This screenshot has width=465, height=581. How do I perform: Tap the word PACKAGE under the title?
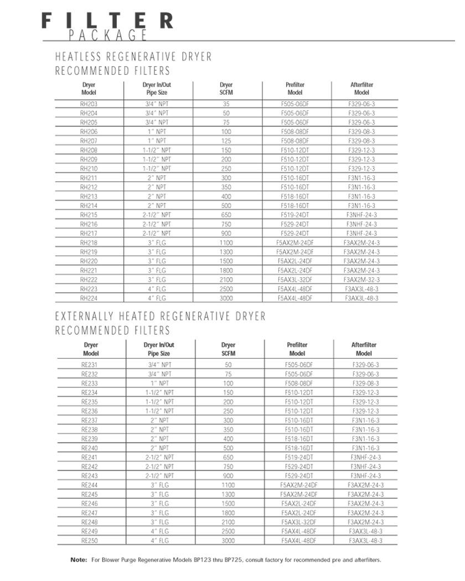(x=108, y=36)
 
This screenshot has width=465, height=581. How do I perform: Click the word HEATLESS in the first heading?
(x=79, y=57)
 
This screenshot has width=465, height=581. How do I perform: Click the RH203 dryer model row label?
(x=89, y=103)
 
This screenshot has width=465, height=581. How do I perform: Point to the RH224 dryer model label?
(x=89, y=298)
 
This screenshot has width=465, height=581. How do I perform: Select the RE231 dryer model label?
(x=90, y=365)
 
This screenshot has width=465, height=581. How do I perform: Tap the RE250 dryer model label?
(x=90, y=541)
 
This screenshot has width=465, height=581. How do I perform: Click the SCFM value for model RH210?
(x=226, y=168)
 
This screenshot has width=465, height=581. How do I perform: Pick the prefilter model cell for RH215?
(x=295, y=215)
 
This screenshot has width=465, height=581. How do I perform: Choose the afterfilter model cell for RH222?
(x=361, y=279)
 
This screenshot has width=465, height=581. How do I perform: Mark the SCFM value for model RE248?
(x=228, y=522)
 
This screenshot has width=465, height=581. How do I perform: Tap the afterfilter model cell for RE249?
(x=365, y=531)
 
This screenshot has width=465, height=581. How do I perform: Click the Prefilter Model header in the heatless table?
(x=295, y=89)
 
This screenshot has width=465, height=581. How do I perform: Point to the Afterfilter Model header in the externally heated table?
(x=364, y=349)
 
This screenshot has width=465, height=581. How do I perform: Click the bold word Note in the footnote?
(x=79, y=560)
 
